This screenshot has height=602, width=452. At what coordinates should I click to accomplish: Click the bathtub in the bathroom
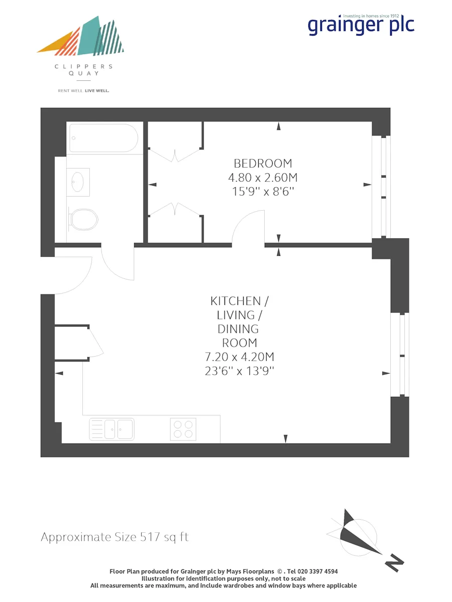(104, 138)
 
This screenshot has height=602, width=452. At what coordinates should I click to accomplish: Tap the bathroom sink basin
(78, 182)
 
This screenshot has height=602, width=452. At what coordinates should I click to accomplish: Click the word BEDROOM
(263, 164)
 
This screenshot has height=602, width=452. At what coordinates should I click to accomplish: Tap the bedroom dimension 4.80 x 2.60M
(263, 178)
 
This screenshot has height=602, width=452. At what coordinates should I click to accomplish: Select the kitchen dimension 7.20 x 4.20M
(240, 357)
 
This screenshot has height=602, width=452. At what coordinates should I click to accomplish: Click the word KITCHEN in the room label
(236, 301)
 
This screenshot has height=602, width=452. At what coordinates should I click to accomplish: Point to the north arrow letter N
(394, 562)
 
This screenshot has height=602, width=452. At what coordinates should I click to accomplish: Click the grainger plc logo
(361, 25)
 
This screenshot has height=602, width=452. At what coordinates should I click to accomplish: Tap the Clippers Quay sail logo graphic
(80, 36)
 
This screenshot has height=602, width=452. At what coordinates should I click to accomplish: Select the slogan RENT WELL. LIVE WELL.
(83, 91)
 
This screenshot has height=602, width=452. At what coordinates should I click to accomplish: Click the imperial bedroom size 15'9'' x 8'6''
(263, 192)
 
